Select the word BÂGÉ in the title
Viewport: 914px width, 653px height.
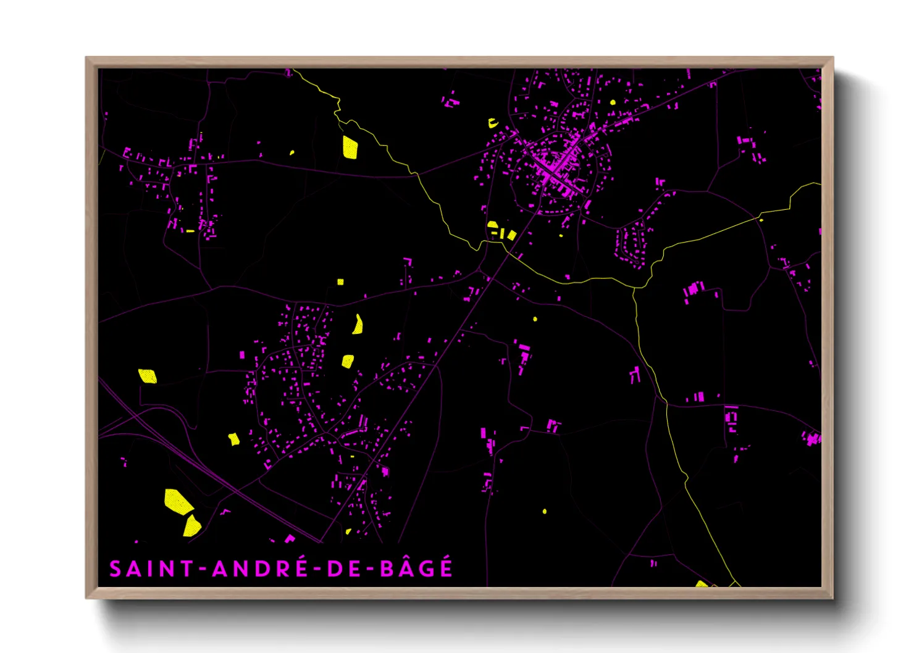point(417,568)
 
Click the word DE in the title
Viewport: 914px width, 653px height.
point(344,568)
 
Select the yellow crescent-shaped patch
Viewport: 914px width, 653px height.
point(358,325)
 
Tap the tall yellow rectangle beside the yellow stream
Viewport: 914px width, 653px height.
point(350,148)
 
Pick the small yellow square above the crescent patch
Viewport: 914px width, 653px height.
point(340,282)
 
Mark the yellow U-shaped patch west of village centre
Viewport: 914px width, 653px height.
point(493,123)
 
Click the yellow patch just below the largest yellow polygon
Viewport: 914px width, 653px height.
point(192,526)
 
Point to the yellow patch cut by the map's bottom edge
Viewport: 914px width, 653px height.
point(702,583)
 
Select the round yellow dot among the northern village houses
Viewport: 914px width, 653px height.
point(613,102)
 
